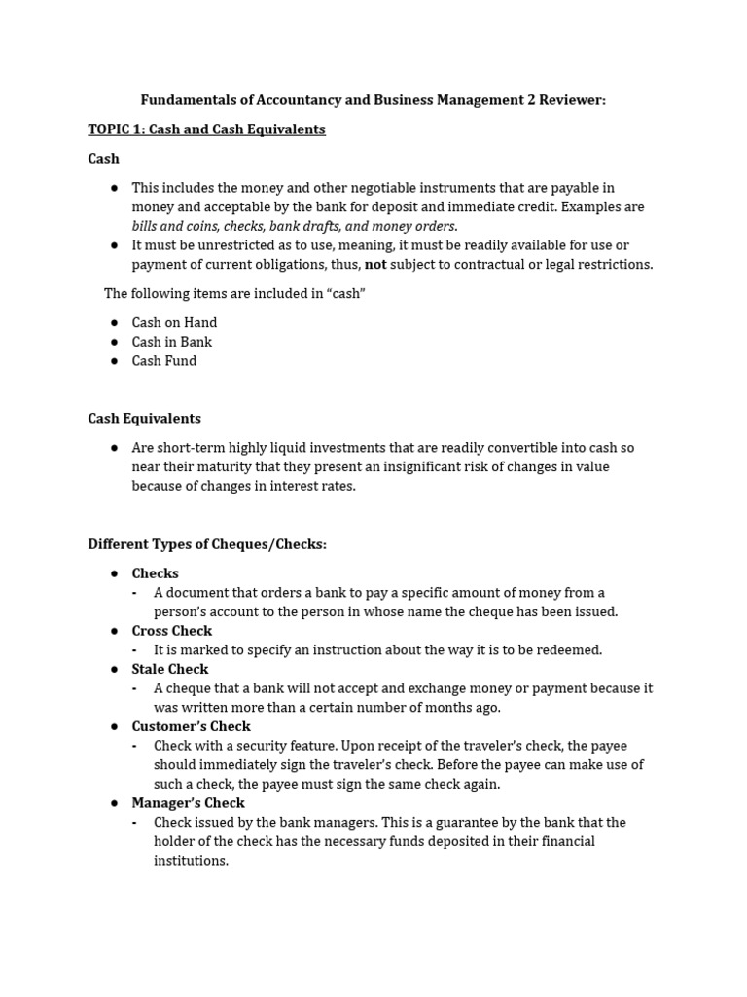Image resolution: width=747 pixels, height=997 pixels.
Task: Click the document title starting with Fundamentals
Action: [x=373, y=100]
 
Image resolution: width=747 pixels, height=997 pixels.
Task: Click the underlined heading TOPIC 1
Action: [x=206, y=129]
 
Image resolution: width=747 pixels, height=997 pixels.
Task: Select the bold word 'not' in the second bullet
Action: [x=375, y=265]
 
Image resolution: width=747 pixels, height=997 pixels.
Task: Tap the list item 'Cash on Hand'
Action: [x=174, y=322]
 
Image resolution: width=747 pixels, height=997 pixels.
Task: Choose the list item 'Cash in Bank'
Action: [x=171, y=342]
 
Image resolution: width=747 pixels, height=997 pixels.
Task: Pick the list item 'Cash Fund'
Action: [x=163, y=361]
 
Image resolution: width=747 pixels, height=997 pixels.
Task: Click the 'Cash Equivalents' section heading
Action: [x=144, y=419]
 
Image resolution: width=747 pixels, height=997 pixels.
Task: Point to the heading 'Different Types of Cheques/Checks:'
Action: [x=207, y=544]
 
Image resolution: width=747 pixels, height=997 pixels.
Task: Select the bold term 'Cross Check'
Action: [x=171, y=631]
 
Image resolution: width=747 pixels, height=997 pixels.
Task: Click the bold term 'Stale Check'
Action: [x=170, y=669]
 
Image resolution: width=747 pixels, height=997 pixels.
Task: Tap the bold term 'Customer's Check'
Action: [x=191, y=726]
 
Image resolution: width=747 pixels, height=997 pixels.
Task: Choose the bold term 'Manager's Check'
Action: [x=188, y=803]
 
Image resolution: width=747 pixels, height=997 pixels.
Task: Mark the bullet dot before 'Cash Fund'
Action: [x=114, y=361]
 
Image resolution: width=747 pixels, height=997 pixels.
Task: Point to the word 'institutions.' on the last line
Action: [x=191, y=861]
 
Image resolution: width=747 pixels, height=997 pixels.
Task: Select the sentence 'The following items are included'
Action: [x=234, y=294]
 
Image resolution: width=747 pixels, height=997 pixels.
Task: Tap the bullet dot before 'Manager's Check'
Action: [x=114, y=803]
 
